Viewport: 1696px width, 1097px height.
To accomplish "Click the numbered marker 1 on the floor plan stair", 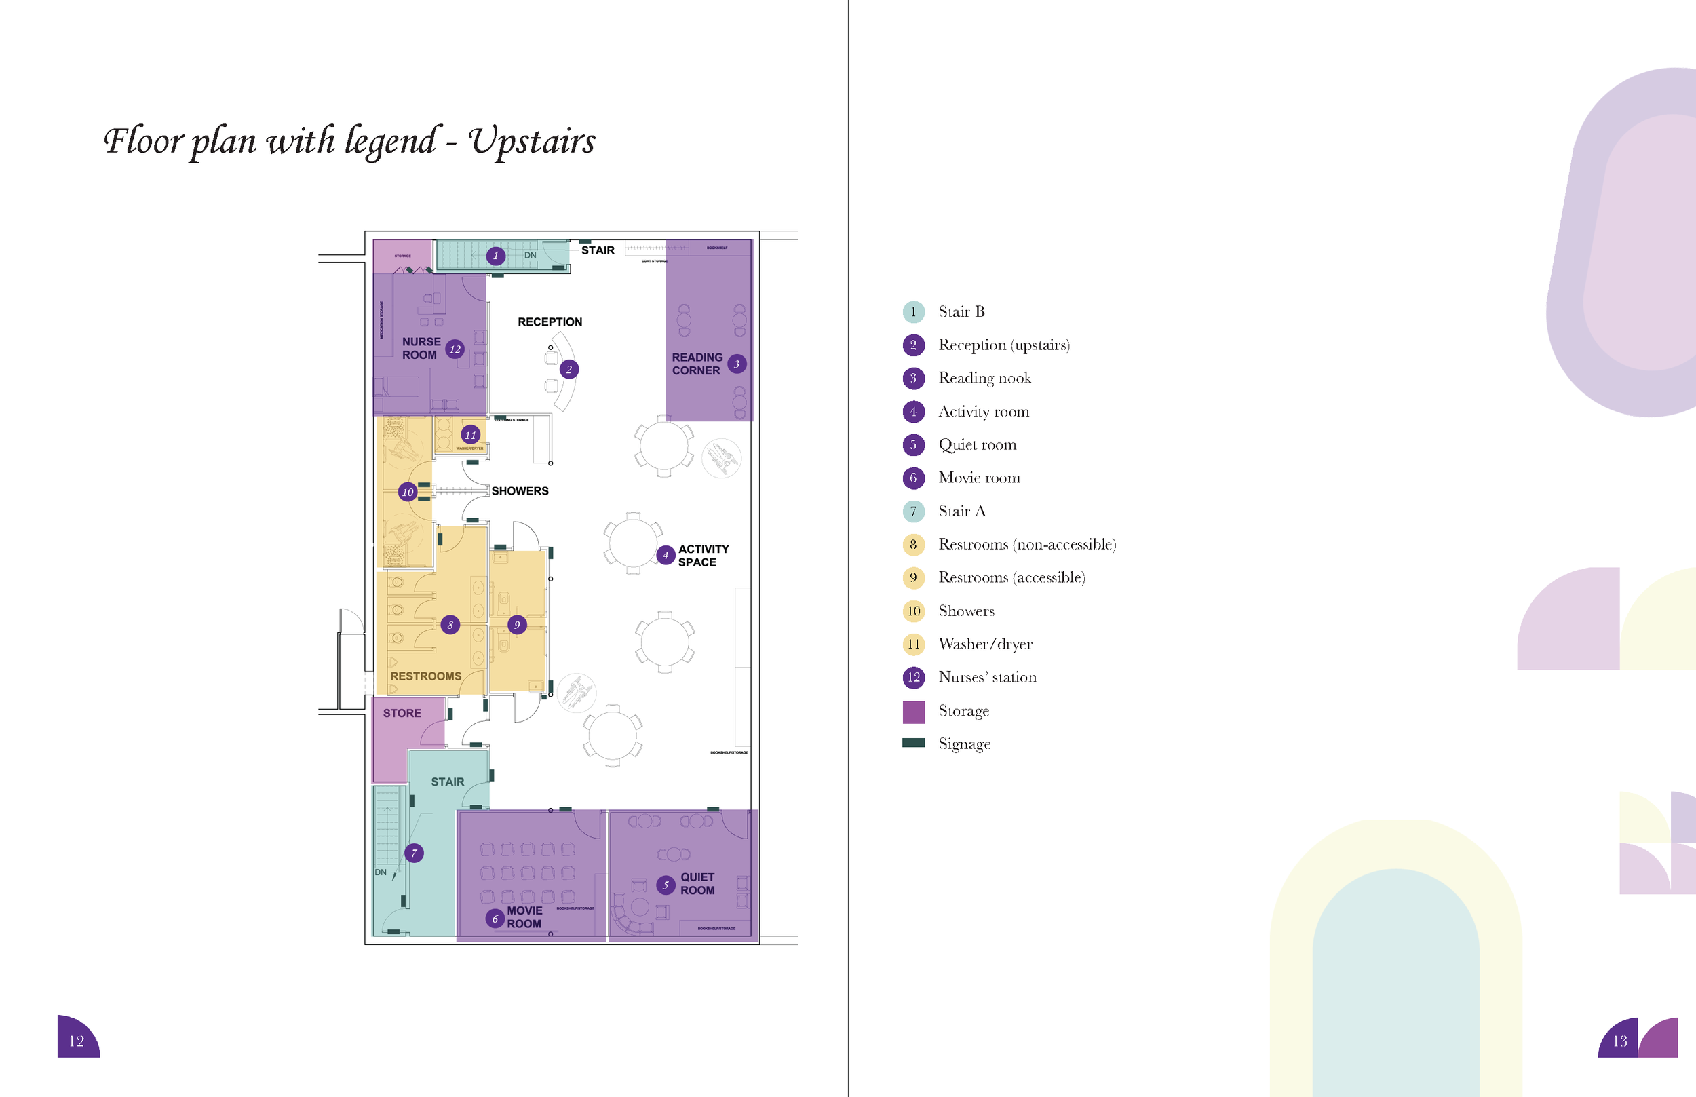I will tap(496, 256).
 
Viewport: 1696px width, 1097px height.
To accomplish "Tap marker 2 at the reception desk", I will tap(568, 369).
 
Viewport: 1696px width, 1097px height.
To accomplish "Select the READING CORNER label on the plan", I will tap(697, 364).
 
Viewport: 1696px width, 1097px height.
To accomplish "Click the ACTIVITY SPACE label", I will tap(702, 556).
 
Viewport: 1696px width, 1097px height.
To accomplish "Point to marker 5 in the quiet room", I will tap(666, 885).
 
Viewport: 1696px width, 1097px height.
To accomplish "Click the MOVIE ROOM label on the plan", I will tap(524, 917).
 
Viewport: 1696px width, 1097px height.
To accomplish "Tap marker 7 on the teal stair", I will tap(414, 853).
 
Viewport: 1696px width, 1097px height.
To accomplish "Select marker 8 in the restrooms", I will tap(450, 625).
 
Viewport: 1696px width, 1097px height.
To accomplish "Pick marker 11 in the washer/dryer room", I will tap(470, 434).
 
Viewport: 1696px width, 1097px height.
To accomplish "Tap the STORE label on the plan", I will tap(402, 713).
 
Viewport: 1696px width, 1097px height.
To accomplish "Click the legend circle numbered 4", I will tap(913, 412).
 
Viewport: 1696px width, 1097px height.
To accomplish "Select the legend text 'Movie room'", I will tap(979, 478).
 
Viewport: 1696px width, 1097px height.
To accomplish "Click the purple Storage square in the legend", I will tap(913, 712).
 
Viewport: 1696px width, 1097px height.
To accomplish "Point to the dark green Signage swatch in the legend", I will tap(913, 743).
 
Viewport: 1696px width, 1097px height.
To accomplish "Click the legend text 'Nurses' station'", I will tap(987, 678).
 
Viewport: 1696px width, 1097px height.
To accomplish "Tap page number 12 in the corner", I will tap(76, 1041).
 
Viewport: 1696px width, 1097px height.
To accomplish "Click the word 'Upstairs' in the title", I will tap(531, 141).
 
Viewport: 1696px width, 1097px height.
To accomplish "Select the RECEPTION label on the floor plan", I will tap(550, 322).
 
